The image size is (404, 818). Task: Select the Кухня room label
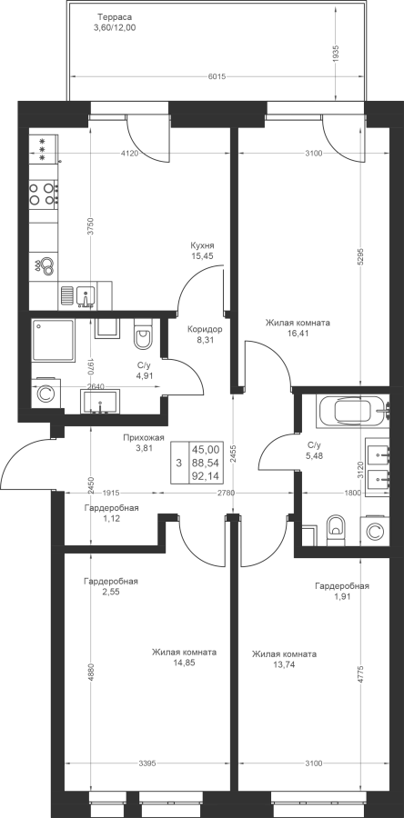pos(202,245)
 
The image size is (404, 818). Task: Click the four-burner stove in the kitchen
pos(43,193)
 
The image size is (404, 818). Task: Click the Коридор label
pos(205,329)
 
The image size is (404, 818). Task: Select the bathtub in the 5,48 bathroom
pos(353,411)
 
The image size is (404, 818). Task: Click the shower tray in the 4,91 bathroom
pos(53,341)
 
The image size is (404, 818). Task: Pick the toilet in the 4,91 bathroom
pos(141,334)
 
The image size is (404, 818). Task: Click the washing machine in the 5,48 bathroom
pos(374,531)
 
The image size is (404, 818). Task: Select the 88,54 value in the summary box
pos(205,463)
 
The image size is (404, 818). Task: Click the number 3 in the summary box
pos(178,463)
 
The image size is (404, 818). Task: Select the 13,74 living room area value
pos(284,664)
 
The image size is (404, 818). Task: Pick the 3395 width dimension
pos(146,763)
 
